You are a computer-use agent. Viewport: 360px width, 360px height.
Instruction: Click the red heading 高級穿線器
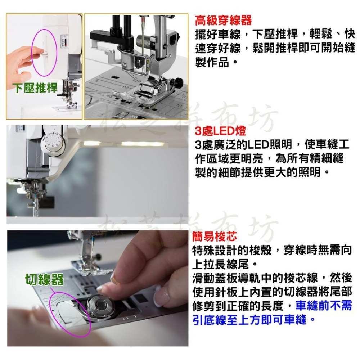[223, 20]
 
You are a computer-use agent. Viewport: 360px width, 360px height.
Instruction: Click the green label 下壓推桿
[35, 88]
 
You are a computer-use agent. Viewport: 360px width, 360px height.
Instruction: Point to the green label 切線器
[44, 279]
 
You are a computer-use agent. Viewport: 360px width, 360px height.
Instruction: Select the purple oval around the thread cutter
[70, 313]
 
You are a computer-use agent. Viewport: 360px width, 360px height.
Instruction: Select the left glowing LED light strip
[94, 143]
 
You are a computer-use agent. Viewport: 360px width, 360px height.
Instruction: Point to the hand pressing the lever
[22, 59]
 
